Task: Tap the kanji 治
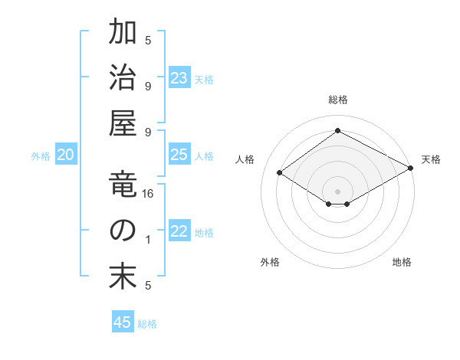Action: (x=123, y=78)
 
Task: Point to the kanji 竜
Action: (x=123, y=185)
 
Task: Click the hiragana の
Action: (x=123, y=231)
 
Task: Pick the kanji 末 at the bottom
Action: (x=123, y=277)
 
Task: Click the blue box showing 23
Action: (x=179, y=78)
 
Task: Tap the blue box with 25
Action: (x=179, y=155)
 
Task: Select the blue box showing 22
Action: (x=179, y=232)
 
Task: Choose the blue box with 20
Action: (x=66, y=155)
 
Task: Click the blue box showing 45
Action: (x=123, y=322)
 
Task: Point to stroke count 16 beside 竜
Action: (x=149, y=194)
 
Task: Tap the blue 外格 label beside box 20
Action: (x=41, y=156)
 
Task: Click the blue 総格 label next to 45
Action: (x=147, y=324)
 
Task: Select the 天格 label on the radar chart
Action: (x=431, y=159)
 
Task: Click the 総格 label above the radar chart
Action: (x=337, y=100)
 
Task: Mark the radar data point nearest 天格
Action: (x=411, y=169)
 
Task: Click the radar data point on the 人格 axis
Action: (x=279, y=173)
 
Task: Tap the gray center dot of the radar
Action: (x=337, y=191)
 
